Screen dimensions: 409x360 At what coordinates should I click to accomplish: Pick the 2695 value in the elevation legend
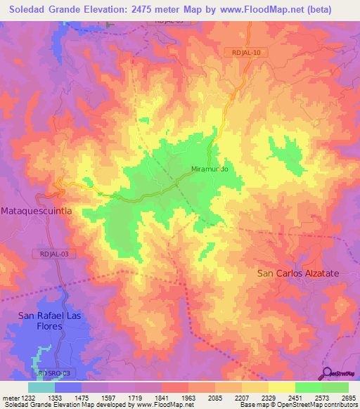tap(348, 397)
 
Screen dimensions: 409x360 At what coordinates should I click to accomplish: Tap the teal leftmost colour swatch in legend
tap(41, 387)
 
